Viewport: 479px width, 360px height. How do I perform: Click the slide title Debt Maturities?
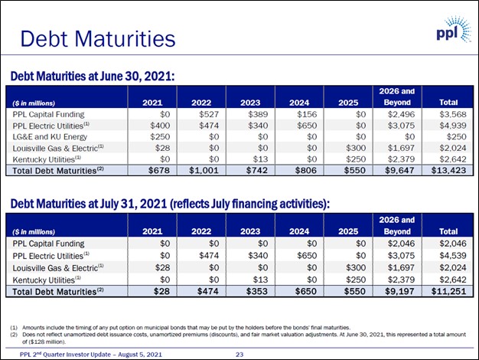(97, 38)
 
